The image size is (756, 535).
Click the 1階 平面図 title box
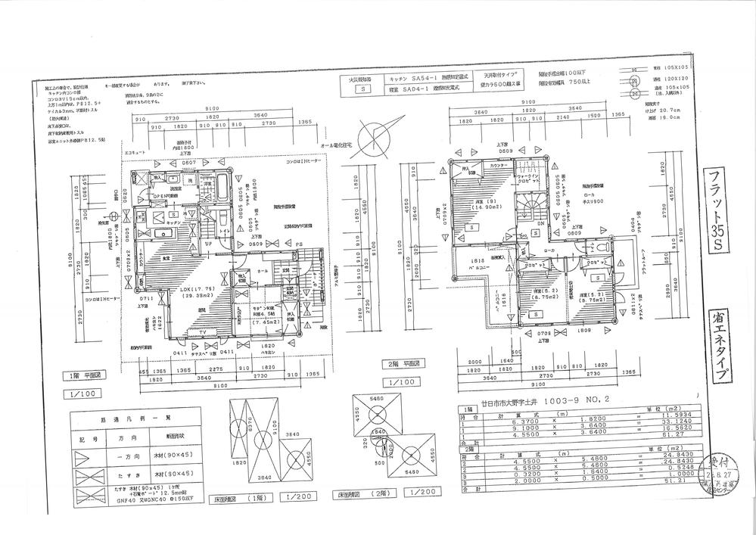pos(92,375)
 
